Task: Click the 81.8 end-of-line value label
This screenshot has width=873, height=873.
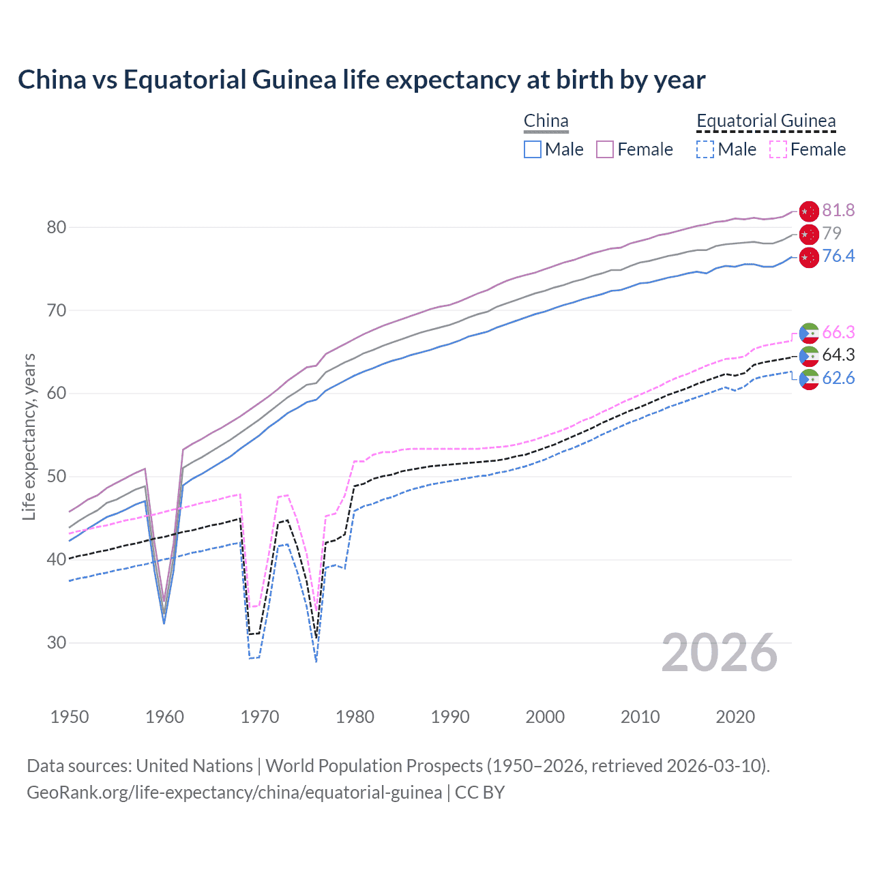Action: (x=838, y=210)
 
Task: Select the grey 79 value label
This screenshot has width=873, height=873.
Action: (x=831, y=233)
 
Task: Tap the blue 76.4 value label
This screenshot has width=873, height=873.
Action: (x=838, y=256)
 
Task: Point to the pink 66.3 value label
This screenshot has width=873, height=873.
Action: (x=838, y=332)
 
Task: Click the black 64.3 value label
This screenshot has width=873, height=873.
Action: (x=838, y=355)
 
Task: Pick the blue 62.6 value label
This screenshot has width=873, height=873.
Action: (x=838, y=379)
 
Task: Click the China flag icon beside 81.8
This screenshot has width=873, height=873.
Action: (x=809, y=211)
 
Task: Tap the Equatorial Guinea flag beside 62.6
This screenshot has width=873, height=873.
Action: (x=809, y=379)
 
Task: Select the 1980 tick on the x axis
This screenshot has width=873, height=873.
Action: (x=355, y=717)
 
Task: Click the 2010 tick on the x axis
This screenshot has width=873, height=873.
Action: (x=640, y=717)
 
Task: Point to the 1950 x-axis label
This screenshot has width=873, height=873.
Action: (x=70, y=717)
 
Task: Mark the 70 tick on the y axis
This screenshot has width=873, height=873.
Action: (x=56, y=310)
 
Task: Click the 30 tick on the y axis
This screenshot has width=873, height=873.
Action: (x=56, y=642)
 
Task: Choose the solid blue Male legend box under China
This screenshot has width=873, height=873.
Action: (x=533, y=149)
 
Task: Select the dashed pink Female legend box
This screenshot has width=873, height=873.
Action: (x=778, y=149)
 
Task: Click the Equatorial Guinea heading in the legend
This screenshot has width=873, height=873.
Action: (x=766, y=121)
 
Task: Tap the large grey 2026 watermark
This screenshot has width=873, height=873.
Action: (x=720, y=653)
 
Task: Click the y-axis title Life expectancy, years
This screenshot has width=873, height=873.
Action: (x=29, y=436)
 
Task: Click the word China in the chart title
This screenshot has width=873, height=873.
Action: (x=52, y=80)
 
